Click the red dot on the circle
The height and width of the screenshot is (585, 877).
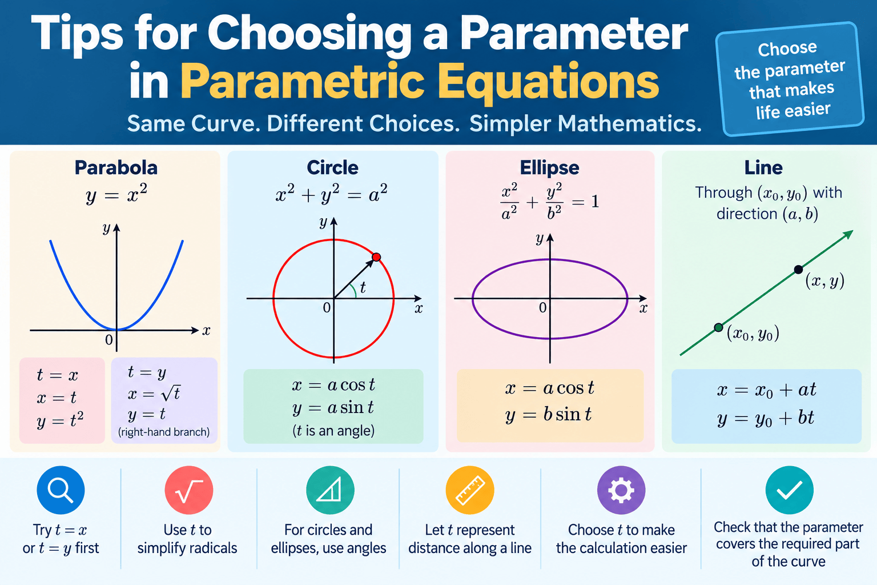[x=376, y=257]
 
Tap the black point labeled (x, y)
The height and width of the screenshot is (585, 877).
[x=798, y=270]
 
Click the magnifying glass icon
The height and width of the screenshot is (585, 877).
[x=61, y=490]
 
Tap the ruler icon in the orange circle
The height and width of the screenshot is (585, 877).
[x=470, y=490]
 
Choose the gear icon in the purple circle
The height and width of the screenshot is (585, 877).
[x=621, y=490]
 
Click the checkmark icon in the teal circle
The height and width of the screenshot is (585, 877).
[x=789, y=490]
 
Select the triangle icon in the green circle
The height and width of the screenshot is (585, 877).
[x=329, y=490]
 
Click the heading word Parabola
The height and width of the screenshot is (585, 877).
[x=116, y=168]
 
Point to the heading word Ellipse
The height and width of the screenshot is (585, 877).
[x=549, y=168]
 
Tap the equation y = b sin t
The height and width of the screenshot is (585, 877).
[x=548, y=415]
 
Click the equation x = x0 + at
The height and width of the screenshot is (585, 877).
[x=766, y=390]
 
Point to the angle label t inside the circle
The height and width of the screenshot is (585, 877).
[x=363, y=287]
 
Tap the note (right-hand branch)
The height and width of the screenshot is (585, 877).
[x=164, y=432]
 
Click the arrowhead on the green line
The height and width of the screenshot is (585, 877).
[x=848, y=234]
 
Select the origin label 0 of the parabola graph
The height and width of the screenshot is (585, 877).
[x=109, y=340]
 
